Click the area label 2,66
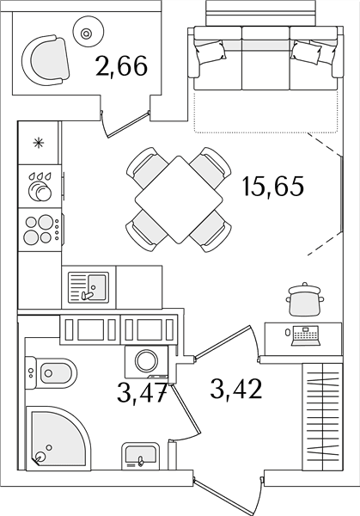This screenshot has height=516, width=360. click(x=121, y=67)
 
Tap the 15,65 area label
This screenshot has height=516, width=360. click(x=272, y=187)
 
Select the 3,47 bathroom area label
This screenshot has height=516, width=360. click(x=142, y=394)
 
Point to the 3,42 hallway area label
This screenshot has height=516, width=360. click(x=236, y=390)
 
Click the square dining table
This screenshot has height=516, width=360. click(x=180, y=200)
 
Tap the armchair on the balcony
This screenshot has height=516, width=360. click(x=46, y=60)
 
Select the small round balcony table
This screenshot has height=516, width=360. click(x=86, y=33)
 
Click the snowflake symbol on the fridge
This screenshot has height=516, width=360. click(x=38, y=143)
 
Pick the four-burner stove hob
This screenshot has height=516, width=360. click(x=40, y=230)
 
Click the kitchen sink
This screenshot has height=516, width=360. click(x=88, y=287)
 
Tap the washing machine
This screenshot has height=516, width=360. click(x=147, y=361)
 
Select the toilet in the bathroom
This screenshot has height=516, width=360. click(x=51, y=373)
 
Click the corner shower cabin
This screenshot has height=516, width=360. click(x=58, y=437)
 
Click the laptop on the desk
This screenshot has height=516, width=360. click(x=306, y=335)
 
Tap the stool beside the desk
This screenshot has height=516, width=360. click(x=305, y=299)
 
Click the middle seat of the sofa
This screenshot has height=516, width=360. click(x=265, y=58)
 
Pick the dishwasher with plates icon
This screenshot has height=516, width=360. click(x=40, y=187)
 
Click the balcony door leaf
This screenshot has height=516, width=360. click(x=127, y=125)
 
